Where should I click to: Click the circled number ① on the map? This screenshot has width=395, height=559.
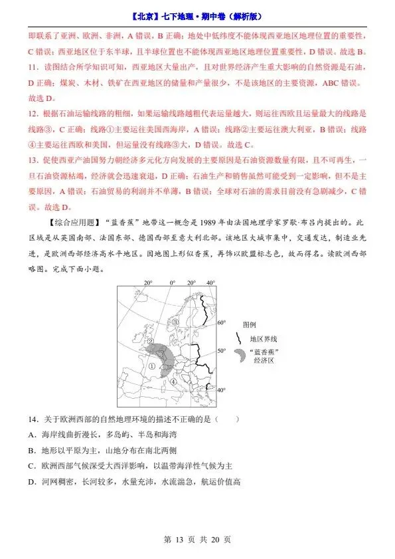151,364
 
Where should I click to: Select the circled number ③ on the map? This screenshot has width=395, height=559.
175,321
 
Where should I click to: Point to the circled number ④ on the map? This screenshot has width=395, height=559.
173,382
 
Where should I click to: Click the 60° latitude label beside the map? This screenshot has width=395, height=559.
222,322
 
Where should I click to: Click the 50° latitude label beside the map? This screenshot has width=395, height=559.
222,350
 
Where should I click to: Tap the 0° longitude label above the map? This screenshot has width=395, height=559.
172,282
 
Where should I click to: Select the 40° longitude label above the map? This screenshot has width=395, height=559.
211,282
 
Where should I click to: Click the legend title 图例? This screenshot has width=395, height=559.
250,324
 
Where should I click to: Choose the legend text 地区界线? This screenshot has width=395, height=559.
260,338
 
